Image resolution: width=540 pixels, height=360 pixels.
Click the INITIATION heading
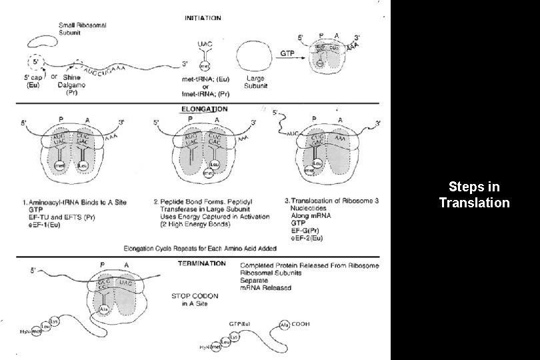coord(203,18)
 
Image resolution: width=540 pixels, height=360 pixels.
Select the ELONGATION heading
coord(204,108)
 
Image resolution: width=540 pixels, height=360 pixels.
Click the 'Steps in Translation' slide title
coord(474,194)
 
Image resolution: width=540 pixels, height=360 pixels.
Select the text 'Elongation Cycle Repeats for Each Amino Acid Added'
coord(200,247)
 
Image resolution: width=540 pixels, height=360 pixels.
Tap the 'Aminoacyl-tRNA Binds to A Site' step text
coord(75,201)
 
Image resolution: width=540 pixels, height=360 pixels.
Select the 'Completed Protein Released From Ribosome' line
coord(309,265)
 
